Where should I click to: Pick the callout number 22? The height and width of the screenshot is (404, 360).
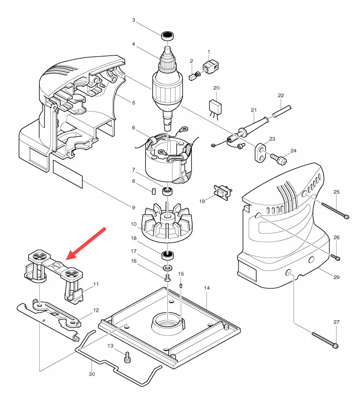281,96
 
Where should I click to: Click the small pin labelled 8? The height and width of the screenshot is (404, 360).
154,191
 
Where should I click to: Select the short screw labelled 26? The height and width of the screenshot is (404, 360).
336,257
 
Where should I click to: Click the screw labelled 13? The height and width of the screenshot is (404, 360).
127,357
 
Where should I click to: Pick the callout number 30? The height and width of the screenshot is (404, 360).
91,374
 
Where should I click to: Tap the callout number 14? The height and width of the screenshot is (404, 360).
207,288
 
